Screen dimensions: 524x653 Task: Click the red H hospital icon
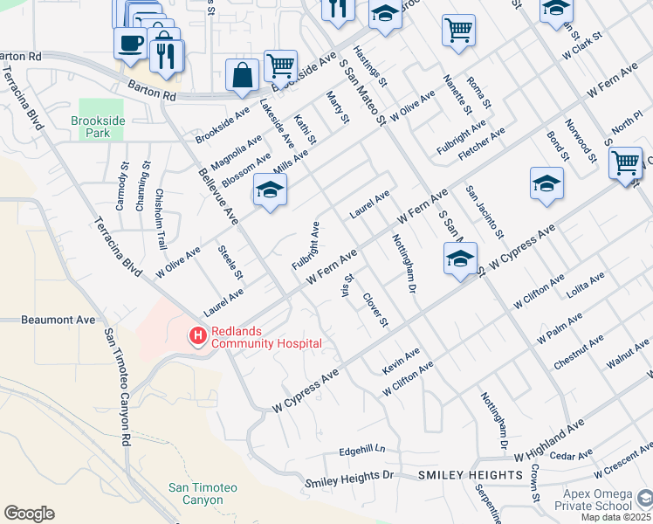[x=198, y=334]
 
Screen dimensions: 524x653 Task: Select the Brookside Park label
[x=92, y=127]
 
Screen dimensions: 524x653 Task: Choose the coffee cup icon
[x=130, y=43]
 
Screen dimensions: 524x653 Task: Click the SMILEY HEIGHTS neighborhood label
[x=471, y=475]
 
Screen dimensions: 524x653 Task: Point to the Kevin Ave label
[x=402, y=362]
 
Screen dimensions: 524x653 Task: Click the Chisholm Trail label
[x=161, y=219]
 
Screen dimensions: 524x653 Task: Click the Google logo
[x=29, y=514]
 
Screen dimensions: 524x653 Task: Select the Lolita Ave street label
[x=585, y=285]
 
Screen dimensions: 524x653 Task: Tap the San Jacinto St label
[x=484, y=211]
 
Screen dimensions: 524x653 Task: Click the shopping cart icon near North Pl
[x=625, y=162]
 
